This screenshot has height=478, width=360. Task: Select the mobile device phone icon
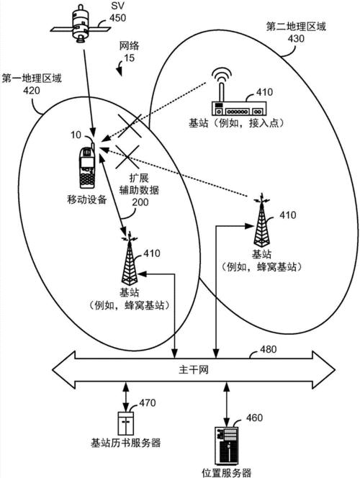coord(87,166)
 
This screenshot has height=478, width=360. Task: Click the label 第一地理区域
coord(32,78)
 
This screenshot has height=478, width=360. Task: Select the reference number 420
coord(32,91)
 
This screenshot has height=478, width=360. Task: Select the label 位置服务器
coord(226,472)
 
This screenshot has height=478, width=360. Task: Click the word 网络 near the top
coord(129,45)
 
